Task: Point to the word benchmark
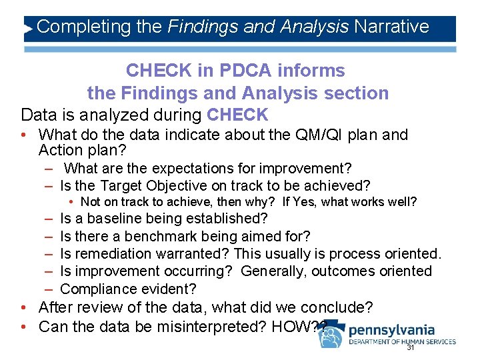[x=164, y=236]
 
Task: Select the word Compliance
[x=100, y=289]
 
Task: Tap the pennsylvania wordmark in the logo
[x=391, y=330]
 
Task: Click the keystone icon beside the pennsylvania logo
[x=331, y=335]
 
